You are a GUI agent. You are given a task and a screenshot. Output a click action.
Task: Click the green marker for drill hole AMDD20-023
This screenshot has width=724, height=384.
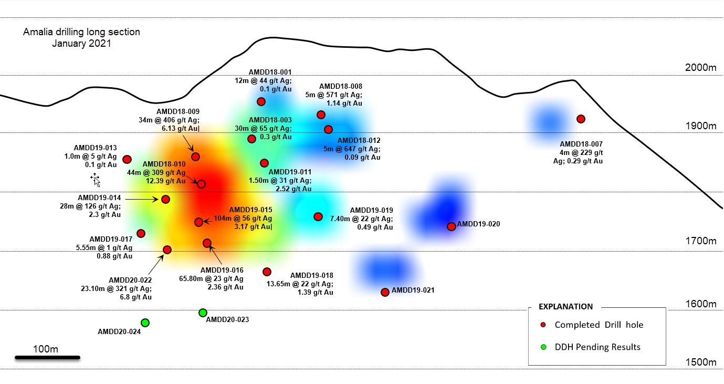203,313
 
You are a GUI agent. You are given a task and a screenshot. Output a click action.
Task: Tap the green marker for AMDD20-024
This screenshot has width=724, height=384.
145,323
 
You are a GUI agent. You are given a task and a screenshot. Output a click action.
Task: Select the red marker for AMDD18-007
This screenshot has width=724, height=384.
581,119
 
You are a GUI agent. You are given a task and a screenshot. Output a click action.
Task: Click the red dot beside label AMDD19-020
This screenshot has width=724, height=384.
451,226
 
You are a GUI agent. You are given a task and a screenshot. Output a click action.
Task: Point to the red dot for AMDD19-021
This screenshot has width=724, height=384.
385,293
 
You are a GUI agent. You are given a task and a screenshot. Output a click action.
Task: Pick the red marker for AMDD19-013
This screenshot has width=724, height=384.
127,159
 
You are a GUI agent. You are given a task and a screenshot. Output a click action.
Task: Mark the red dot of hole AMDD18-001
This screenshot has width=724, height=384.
261,102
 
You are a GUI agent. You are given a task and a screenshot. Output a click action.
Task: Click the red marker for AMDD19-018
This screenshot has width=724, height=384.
267,272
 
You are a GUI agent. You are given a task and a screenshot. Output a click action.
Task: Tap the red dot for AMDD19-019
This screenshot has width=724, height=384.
318,217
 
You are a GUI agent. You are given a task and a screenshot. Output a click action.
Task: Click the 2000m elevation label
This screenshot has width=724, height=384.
700,68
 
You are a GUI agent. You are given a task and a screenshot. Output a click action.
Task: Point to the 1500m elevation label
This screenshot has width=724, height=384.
701,362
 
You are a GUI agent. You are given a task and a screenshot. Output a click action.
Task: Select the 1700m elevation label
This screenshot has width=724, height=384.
701,241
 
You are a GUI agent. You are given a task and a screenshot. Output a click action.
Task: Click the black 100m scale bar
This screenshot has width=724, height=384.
47,358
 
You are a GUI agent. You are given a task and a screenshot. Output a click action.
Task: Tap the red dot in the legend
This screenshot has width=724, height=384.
543,325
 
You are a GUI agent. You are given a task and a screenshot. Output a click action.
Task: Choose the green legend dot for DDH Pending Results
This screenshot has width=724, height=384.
543,347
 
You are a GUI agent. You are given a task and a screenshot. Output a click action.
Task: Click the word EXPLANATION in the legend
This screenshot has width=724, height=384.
565,307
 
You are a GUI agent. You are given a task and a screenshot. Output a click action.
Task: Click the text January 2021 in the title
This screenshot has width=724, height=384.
81,44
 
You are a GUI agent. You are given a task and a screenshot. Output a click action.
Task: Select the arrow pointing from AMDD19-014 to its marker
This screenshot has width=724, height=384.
142,199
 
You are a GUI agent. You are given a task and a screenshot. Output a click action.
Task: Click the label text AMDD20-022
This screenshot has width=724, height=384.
130,280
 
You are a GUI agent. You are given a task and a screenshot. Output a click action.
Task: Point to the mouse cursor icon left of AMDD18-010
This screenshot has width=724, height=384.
96,180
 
